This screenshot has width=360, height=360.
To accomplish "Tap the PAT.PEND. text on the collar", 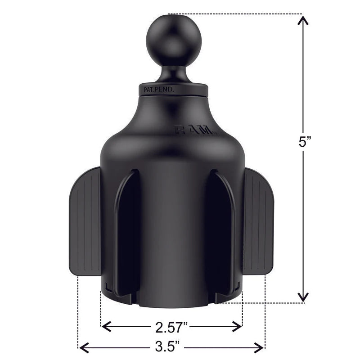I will [x=157, y=90].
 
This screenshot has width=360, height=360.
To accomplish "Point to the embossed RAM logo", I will [x=196, y=131].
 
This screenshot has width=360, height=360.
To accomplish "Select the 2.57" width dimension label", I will [x=171, y=325].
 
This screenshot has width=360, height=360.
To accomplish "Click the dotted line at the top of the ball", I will [x=234, y=14].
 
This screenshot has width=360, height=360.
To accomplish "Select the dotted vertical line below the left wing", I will [x=79, y=310].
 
